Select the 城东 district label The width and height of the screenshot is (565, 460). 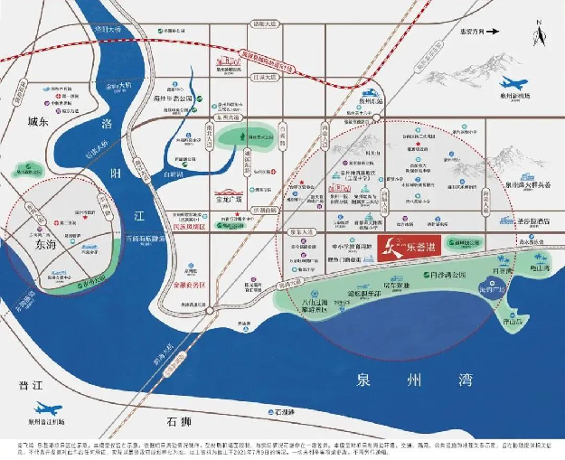tap(37, 120)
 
